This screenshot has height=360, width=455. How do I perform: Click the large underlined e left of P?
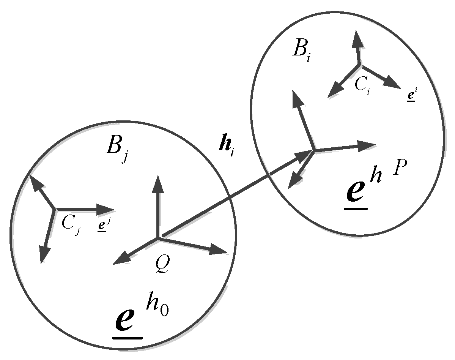tap(357, 194)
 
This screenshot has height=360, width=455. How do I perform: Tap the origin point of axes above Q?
tap(157, 238)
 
